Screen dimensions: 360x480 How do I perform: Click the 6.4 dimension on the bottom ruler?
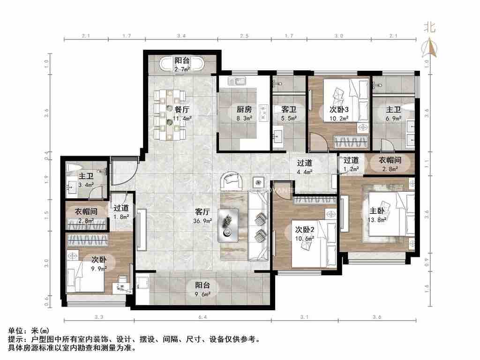(202, 317)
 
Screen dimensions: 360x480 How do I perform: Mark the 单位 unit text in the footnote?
(18, 330)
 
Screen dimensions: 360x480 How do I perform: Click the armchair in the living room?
(231, 180)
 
